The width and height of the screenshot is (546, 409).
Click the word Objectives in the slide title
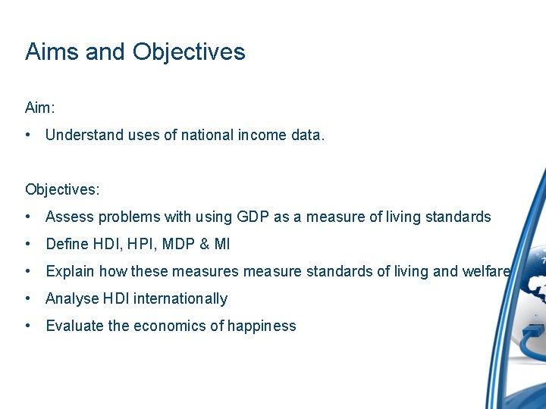189,52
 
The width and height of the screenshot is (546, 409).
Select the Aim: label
40,108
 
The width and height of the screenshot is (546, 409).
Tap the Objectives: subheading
62,189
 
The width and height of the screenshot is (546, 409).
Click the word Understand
83,136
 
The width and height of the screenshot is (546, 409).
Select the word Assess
67,217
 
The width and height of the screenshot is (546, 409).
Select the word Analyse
71,298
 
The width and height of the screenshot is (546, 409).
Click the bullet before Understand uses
27,136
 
